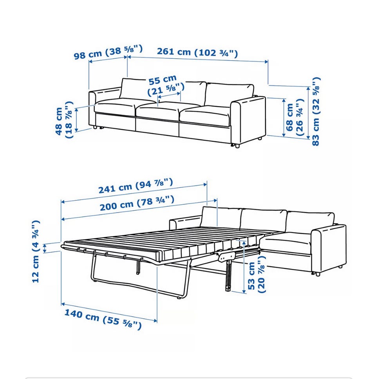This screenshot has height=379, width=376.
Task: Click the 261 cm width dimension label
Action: pos(197,52)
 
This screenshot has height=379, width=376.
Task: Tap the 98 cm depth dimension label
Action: pos(108,52)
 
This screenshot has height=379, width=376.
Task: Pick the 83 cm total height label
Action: pos(316,111)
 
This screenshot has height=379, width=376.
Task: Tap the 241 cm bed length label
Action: pos(136,186)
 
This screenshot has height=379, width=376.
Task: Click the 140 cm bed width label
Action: pos(103,319)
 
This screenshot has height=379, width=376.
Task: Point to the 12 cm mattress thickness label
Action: pos(36,251)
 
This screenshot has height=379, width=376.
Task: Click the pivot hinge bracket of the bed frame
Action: pos(226,257)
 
